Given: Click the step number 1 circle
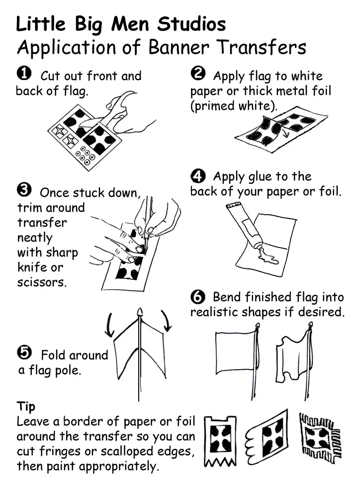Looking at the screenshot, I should [x=23, y=75].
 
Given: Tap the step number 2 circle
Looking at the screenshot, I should [x=197, y=75].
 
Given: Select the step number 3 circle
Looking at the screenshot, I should [x=23, y=191].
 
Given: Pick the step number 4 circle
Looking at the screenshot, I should [x=197, y=175].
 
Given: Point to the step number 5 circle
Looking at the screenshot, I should [x=23, y=353].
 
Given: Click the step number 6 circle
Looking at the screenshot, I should [x=197, y=297].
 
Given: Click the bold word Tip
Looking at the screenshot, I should [x=26, y=406].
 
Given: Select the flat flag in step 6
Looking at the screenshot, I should [x=235, y=351].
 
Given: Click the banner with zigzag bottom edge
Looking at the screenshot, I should [x=220, y=440].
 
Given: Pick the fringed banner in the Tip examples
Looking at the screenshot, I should [x=320, y=438].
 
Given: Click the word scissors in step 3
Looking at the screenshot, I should [x=41, y=283].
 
